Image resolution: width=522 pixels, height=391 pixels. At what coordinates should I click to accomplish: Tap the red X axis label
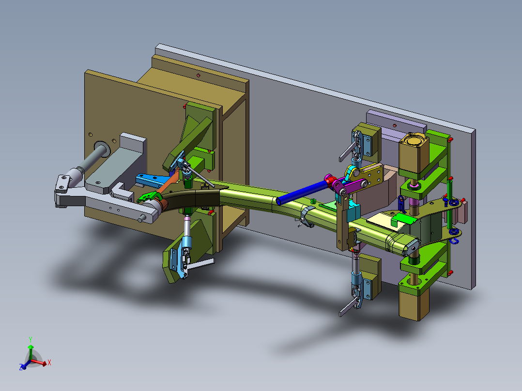[x=49, y=362]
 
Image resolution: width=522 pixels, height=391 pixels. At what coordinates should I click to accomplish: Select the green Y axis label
[x=31, y=339]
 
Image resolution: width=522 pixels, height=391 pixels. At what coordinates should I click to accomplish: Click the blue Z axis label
[x=21, y=367]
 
